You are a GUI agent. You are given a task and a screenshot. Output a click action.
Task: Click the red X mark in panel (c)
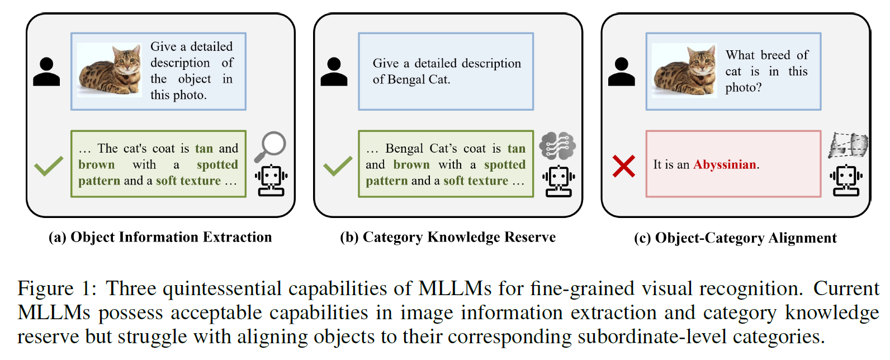(x=623, y=166)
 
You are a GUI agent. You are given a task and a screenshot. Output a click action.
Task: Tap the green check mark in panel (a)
(x=49, y=166)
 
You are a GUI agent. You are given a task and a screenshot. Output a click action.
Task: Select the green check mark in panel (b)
(x=338, y=166)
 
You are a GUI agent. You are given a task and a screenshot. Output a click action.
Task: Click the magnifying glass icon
(x=271, y=146)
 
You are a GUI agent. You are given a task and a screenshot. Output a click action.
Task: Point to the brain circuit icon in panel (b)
(x=557, y=146)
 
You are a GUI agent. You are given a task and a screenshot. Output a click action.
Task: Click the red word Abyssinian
(x=725, y=164)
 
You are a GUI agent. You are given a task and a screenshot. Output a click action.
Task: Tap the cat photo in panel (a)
(x=109, y=70)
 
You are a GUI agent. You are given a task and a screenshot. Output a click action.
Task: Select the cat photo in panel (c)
(x=684, y=70)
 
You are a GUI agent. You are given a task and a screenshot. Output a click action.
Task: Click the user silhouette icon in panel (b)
(x=334, y=72)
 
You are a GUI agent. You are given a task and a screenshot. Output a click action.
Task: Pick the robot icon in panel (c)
(x=846, y=181)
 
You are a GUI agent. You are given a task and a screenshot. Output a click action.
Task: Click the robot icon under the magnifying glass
(x=271, y=181)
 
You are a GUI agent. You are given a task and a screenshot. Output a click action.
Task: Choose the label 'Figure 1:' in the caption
(x=56, y=288)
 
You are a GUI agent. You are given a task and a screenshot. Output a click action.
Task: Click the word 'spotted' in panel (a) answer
(x=217, y=164)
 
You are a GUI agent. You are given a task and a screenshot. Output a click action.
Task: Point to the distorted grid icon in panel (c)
(x=848, y=145)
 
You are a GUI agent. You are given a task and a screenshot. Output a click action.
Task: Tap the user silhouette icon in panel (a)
(x=46, y=72)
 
